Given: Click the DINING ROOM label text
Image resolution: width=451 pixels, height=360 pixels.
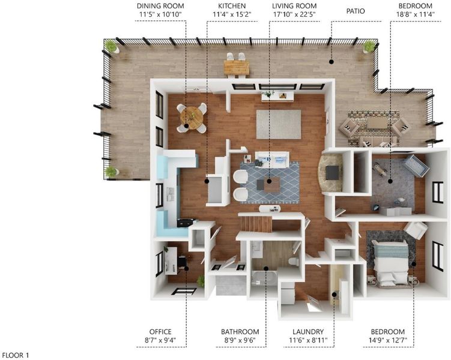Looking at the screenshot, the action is [x=160, y=6].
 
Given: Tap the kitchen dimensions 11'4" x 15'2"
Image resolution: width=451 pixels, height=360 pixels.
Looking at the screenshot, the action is [x=232, y=14].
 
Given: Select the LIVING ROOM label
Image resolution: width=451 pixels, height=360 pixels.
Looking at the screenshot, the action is [x=294, y=6].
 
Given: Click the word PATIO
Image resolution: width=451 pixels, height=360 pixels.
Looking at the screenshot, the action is [x=356, y=11].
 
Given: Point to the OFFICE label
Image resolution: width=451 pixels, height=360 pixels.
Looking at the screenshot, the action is [x=160, y=332].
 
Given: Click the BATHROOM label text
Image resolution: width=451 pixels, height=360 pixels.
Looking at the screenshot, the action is [x=240, y=332].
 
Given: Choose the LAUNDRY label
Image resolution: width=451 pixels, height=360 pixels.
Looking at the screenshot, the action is [x=308, y=332].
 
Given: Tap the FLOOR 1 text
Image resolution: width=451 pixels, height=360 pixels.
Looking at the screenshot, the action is [x=16, y=355].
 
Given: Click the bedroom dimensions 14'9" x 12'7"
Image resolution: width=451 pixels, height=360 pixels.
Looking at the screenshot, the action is [x=388, y=341].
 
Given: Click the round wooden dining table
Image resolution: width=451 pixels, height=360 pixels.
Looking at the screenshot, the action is [x=192, y=118].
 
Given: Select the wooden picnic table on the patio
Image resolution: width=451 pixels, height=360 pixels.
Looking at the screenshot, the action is [x=237, y=68].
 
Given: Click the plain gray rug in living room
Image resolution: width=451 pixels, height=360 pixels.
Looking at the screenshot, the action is [x=279, y=124].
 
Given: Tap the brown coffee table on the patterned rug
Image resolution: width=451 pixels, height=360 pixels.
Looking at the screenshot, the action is [x=272, y=184].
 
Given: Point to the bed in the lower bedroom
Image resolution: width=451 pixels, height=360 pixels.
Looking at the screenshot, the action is [x=390, y=263].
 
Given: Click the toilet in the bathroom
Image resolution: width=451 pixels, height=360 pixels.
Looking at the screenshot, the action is [x=294, y=262].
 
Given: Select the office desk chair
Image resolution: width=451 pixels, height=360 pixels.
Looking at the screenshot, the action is [x=182, y=262].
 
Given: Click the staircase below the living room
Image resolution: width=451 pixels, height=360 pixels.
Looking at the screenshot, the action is [x=256, y=224].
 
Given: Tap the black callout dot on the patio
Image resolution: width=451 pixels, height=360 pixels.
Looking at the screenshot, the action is [x=331, y=61].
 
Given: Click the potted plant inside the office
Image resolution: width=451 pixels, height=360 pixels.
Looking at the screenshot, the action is [x=201, y=281].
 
